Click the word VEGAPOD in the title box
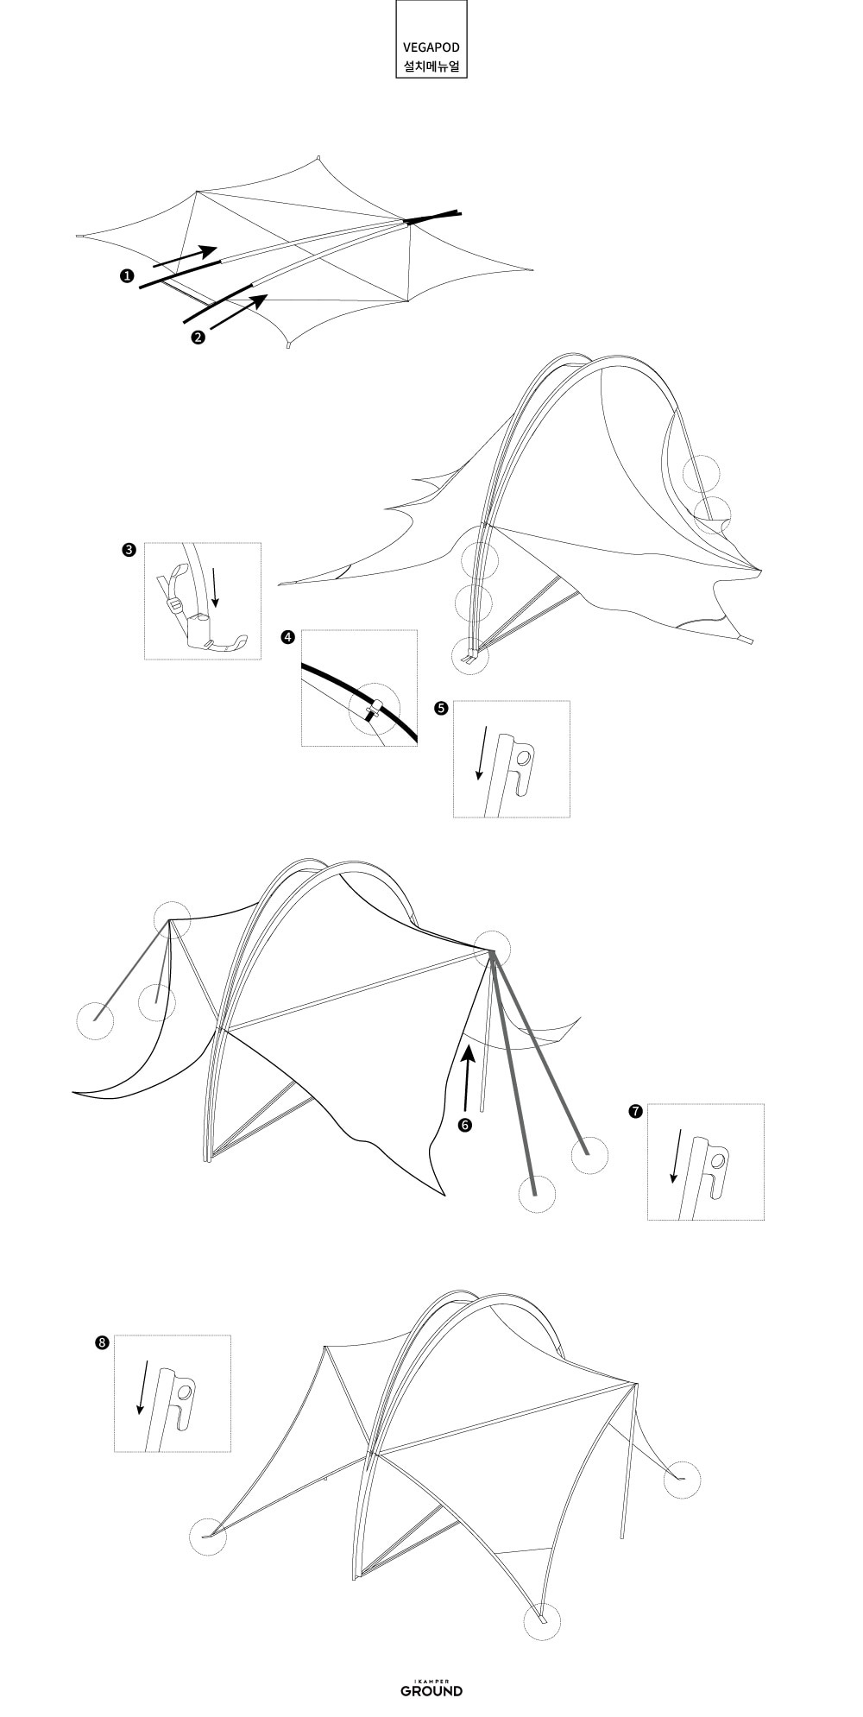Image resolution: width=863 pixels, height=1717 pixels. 431,47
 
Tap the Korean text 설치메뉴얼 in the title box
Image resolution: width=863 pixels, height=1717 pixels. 431,66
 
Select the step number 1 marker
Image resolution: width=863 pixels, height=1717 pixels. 127,275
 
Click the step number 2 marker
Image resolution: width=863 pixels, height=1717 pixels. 198,337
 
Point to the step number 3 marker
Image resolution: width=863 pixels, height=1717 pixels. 129,550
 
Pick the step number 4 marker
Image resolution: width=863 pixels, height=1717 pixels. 287,637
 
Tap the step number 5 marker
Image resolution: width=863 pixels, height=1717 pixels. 441,708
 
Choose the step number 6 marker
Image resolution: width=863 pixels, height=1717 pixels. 465,1125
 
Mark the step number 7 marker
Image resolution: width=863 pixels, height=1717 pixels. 635,1111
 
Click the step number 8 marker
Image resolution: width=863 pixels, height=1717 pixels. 103,1342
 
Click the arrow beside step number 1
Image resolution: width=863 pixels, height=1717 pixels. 185,256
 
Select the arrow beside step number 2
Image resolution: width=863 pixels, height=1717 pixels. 238,312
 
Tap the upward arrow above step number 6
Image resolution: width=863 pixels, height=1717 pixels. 467,1078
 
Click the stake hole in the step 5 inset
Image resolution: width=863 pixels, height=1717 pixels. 523,757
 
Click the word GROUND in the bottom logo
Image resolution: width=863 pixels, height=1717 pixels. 431,1666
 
